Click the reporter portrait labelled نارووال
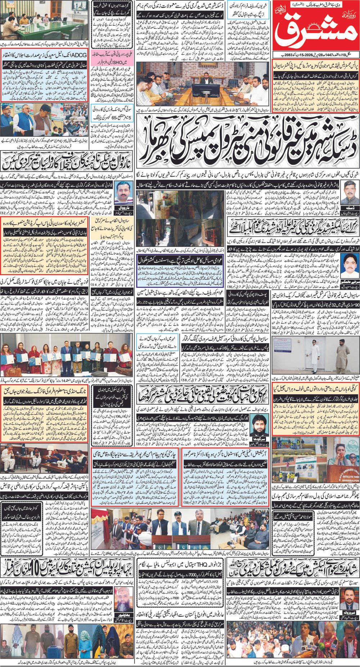pos(125,192)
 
